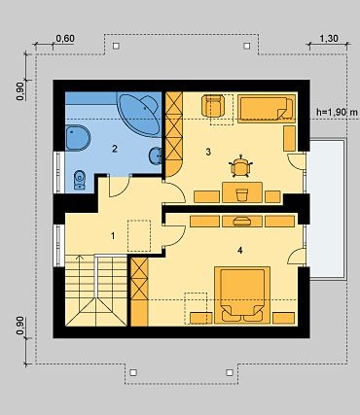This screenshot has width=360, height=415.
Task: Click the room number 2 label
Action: [x=114, y=149]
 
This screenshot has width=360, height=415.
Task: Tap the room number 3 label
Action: [x=208, y=152]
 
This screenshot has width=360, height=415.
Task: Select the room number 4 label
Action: [x=240, y=251]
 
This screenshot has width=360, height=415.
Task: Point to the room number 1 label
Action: [x=113, y=236]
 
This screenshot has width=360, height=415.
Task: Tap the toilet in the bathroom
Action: [x=80, y=180]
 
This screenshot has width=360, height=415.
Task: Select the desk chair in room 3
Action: [x=240, y=166]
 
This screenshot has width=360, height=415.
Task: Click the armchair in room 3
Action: [x=213, y=105]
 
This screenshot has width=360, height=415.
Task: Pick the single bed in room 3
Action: [x=267, y=109]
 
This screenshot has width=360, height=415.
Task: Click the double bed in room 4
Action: [x=242, y=294]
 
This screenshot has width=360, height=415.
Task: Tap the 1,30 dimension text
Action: [x=329, y=38]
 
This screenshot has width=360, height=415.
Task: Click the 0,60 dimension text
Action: [x=65, y=38]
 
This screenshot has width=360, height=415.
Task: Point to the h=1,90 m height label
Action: [x=337, y=112]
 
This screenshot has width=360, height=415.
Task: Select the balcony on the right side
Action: [x=325, y=208]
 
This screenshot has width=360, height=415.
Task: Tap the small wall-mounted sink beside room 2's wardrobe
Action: [x=156, y=156]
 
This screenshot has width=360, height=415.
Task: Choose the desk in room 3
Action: [x=242, y=192]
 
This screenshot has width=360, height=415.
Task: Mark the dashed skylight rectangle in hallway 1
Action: [x=139, y=235]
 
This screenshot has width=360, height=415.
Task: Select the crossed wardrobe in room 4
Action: [x=139, y=279]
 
